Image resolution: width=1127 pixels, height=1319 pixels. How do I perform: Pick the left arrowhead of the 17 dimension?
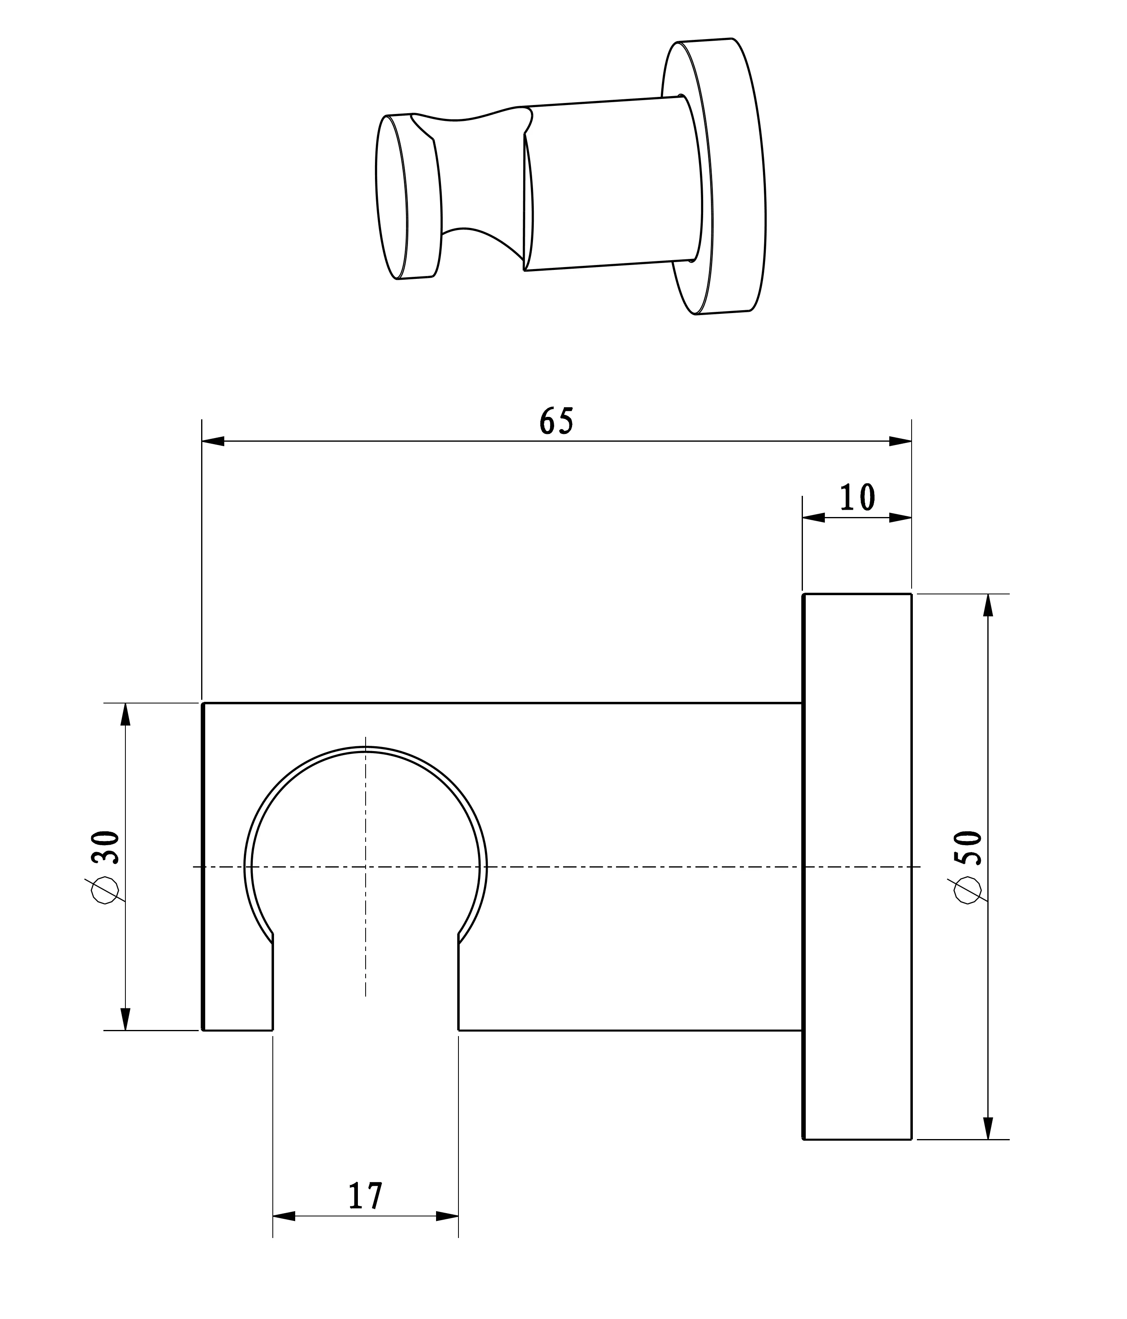[x=284, y=1216]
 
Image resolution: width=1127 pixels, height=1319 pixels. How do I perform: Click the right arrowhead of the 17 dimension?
[x=447, y=1216]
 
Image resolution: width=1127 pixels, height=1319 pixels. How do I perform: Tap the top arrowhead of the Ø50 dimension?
[x=988, y=605]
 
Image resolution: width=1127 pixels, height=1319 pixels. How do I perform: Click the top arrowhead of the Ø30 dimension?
[x=125, y=714]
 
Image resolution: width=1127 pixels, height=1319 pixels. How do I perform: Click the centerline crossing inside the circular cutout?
[x=366, y=866]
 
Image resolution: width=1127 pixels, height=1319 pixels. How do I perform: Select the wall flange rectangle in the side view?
[x=857, y=866]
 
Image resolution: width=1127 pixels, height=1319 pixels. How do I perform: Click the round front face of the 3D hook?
[x=392, y=197]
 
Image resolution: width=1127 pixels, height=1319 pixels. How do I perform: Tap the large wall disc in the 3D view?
[x=732, y=178]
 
